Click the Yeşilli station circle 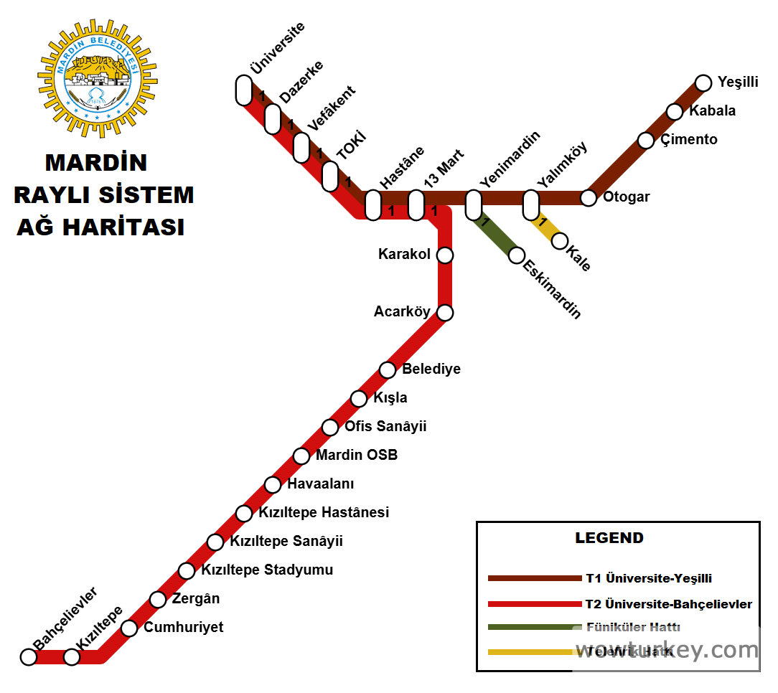[x=703, y=82]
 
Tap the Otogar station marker [x=589, y=197]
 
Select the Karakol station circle [x=445, y=255]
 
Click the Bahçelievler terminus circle [x=29, y=656]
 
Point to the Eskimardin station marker [x=517, y=255]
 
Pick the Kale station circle [x=560, y=240]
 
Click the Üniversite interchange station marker [x=244, y=90]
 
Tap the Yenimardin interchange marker [x=474, y=205]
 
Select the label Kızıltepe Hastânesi [x=324, y=512]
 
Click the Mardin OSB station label [x=357, y=455]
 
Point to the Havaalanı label [x=321, y=484]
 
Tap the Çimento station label [x=689, y=139]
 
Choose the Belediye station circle [x=388, y=369]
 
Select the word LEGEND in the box [x=609, y=538]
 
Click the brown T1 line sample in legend [x=534, y=578]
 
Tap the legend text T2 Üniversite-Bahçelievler [x=669, y=604]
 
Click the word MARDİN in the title [x=96, y=163]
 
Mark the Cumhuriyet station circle [x=129, y=628]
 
